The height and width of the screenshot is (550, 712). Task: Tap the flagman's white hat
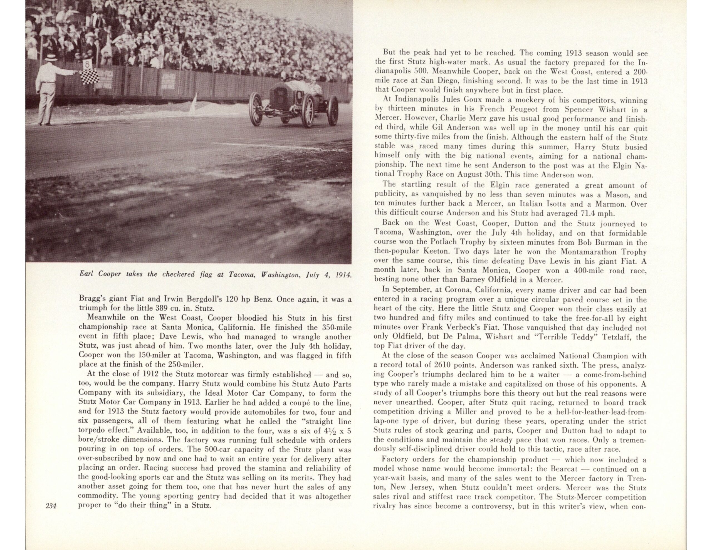[x=51, y=58]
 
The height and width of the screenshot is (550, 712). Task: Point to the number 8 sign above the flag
[x=87, y=64]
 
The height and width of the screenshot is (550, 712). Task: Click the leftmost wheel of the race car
[x=256, y=109]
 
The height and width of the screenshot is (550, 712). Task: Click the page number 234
[x=51, y=506]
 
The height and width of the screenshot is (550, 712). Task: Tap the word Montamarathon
[x=589, y=252]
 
